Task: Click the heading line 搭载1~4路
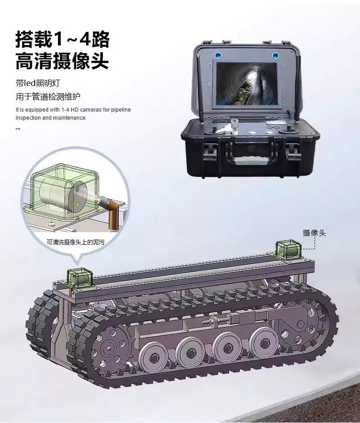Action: (x=63, y=40)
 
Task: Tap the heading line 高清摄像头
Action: (x=62, y=62)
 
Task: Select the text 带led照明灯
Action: (x=37, y=83)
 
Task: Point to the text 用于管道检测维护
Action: (x=48, y=96)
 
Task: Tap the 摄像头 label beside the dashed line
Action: (x=314, y=233)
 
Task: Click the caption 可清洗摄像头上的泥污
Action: (x=76, y=242)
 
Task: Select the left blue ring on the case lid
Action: (x=217, y=55)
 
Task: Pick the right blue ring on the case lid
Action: (x=275, y=56)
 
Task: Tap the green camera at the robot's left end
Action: (x=80, y=277)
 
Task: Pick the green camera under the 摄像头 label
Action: (x=288, y=251)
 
